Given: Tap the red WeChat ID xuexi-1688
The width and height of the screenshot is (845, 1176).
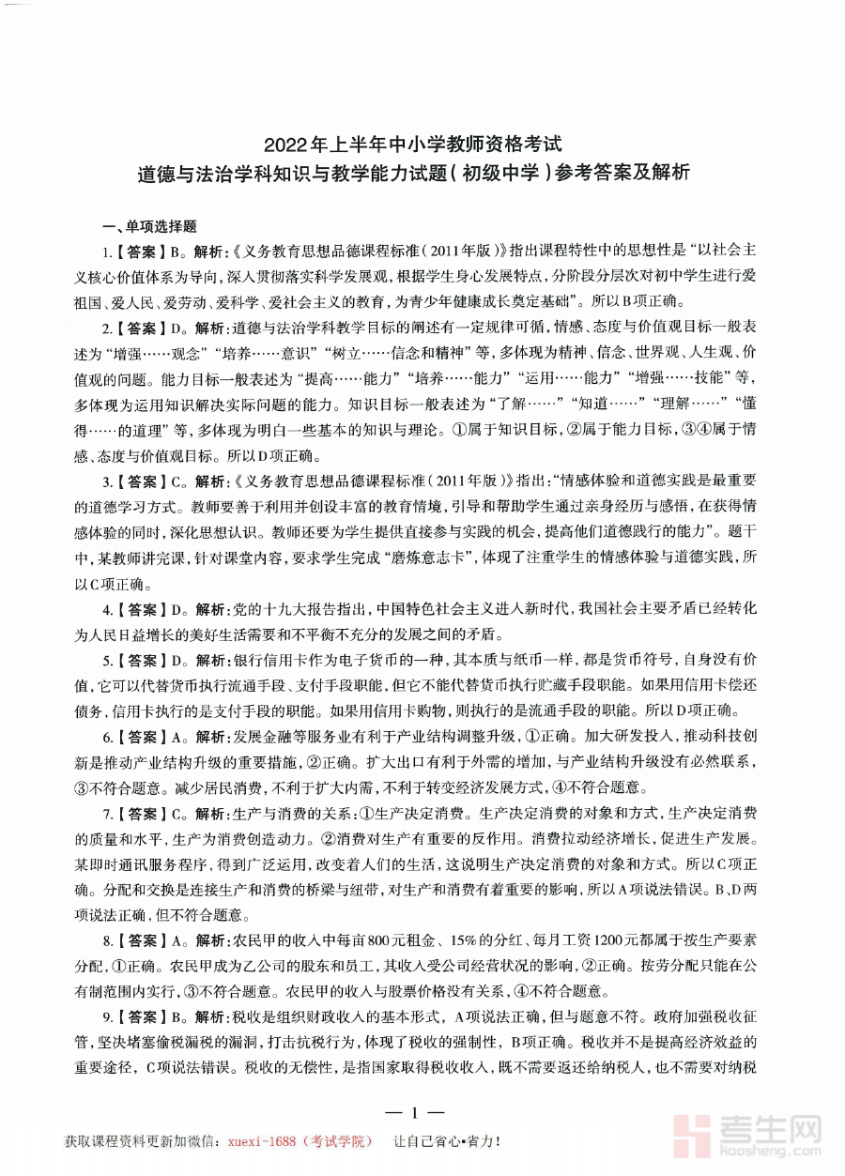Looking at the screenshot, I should point(269,1141).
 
